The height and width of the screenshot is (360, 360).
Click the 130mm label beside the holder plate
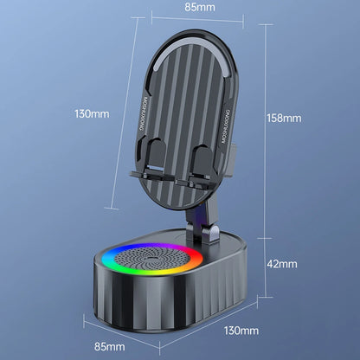tap(92, 112)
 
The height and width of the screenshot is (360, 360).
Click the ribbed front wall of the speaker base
tap(147, 307)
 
